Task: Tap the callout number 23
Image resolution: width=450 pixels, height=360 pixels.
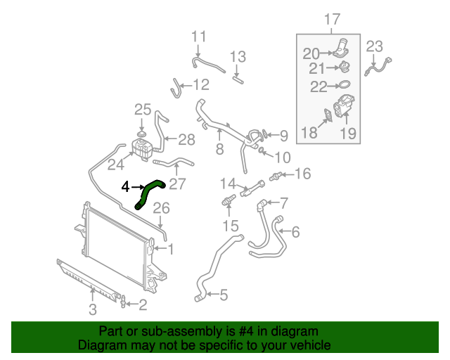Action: pyautogui.click(x=374, y=47)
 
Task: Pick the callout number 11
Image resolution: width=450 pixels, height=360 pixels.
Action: pyautogui.click(x=199, y=36)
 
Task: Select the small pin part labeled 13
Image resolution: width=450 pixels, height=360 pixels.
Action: pyautogui.click(x=237, y=80)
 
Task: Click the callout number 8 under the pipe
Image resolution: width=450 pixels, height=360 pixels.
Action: pyautogui.click(x=219, y=149)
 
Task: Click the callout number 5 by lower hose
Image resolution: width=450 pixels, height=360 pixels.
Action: pyautogui.click(x=223, y=295)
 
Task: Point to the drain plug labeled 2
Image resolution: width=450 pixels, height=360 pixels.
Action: pyautogui.click(x=124, y=303)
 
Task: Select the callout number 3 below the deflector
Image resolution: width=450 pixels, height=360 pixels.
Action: pyautogui.click(x=93, y=309)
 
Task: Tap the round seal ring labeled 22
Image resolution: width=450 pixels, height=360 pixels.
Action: pyautogui.click(x=342, y=86)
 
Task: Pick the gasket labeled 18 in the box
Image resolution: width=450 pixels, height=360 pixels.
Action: pyautogui.click(x=328, y=117)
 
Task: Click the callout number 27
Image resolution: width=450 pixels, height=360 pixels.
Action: pyautogui.click(x=176, y=185)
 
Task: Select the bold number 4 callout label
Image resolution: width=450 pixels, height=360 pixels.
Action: pyautogui.click(x=125, y=187)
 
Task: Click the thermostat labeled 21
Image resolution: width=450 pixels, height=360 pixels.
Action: pyautogui.click(x=343, y=67)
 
